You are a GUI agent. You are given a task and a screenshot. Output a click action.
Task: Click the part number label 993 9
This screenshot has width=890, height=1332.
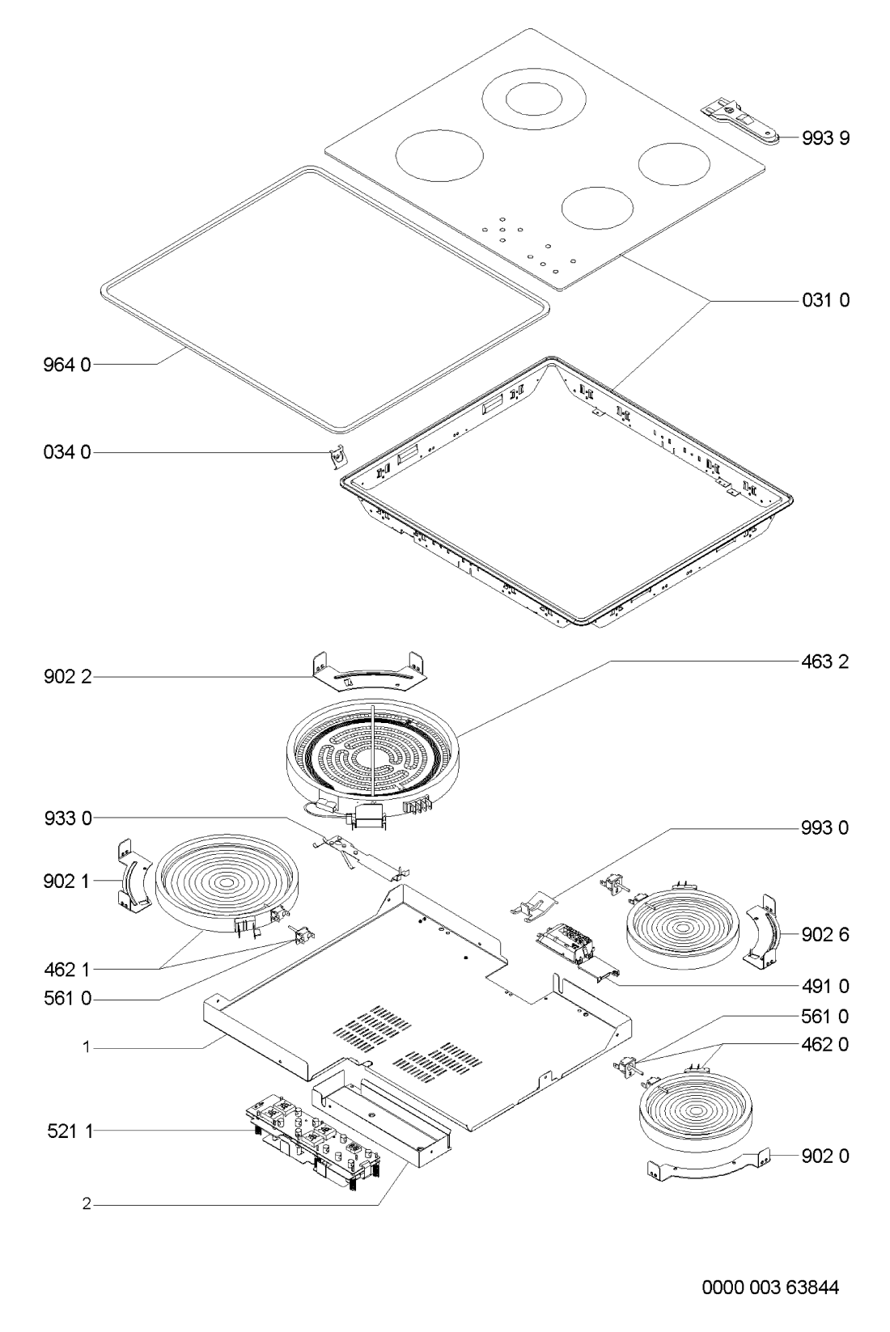(x=826, y=138)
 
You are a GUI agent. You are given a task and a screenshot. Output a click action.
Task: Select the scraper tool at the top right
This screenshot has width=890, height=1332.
(x=740, y=121)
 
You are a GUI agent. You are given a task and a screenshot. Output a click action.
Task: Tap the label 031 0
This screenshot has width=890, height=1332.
(x=826, y=300)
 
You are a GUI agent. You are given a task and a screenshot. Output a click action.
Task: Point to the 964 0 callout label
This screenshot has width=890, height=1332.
(x=67, y=365)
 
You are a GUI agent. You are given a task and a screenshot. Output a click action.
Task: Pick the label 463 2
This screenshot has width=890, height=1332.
(x=825, y=662)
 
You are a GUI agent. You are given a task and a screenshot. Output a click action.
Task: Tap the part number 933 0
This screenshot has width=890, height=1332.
(x=68, y=818)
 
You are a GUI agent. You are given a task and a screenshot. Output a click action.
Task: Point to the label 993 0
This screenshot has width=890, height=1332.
(x=825, y=827)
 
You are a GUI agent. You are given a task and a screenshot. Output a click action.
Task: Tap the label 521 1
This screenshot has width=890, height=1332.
(x=70, y=1131)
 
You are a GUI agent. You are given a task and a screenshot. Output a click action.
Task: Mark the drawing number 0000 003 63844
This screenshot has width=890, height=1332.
(x=770, y=1288)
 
